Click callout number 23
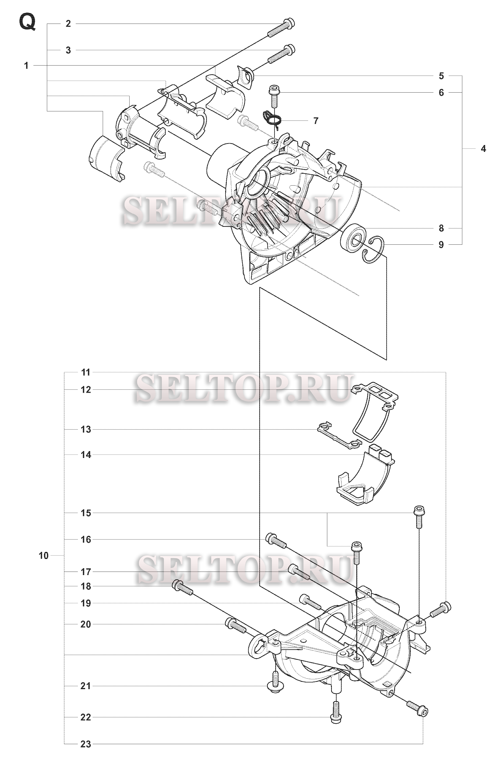point(86,751)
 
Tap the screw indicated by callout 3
point(281,54)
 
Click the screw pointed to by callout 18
point(183,588)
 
